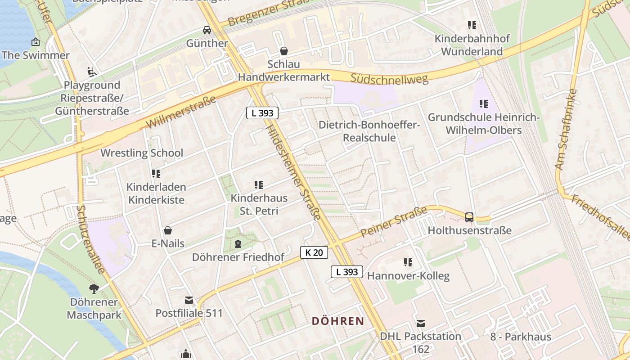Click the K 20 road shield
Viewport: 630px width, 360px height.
click(314, 252)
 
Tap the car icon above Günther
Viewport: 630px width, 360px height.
click(207, 30)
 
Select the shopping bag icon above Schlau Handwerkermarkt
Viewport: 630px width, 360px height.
click(284, 50)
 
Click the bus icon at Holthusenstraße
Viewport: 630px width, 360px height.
click(469, 217)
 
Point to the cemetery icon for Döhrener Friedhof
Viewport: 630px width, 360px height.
click(238, 244)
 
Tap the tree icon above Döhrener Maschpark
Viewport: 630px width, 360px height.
click(94, 288)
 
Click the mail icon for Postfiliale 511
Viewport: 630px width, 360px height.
click(189, 300)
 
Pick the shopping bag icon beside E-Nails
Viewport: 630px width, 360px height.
click(168, 230)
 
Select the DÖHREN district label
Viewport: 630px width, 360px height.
click(338, 321)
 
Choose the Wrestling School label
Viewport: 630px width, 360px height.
click(142, 153)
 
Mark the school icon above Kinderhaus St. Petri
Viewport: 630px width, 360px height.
click(259, 184)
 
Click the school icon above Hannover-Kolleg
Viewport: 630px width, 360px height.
click(408, 262)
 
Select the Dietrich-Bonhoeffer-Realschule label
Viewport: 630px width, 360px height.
click(369, 131)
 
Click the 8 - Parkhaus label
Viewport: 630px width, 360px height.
click(520, 337)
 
